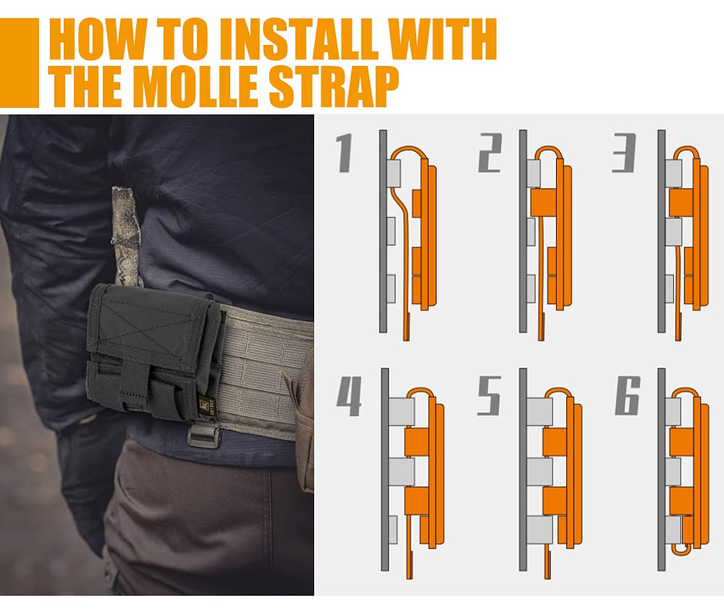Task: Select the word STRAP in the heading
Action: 333,86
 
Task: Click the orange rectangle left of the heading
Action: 20,63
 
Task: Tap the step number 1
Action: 345,153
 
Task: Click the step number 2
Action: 489,153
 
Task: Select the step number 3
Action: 624,153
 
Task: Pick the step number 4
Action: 349,396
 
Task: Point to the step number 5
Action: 489,396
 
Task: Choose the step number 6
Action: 628,395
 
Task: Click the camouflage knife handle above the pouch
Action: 125,235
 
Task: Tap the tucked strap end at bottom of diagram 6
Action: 680,549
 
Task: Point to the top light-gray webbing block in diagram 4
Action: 401,411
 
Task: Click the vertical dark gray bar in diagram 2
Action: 523,231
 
